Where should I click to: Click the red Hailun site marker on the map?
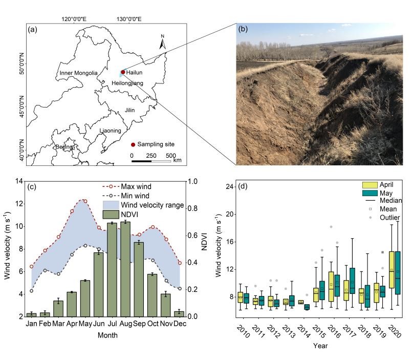(122, 73)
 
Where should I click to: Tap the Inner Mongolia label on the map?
(78, 73)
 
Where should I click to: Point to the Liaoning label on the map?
(111, 131)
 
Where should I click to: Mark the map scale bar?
(151, 161)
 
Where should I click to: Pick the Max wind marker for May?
(85, 201)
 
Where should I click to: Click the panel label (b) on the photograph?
(244, 30)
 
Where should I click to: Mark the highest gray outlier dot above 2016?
(331, 226)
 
